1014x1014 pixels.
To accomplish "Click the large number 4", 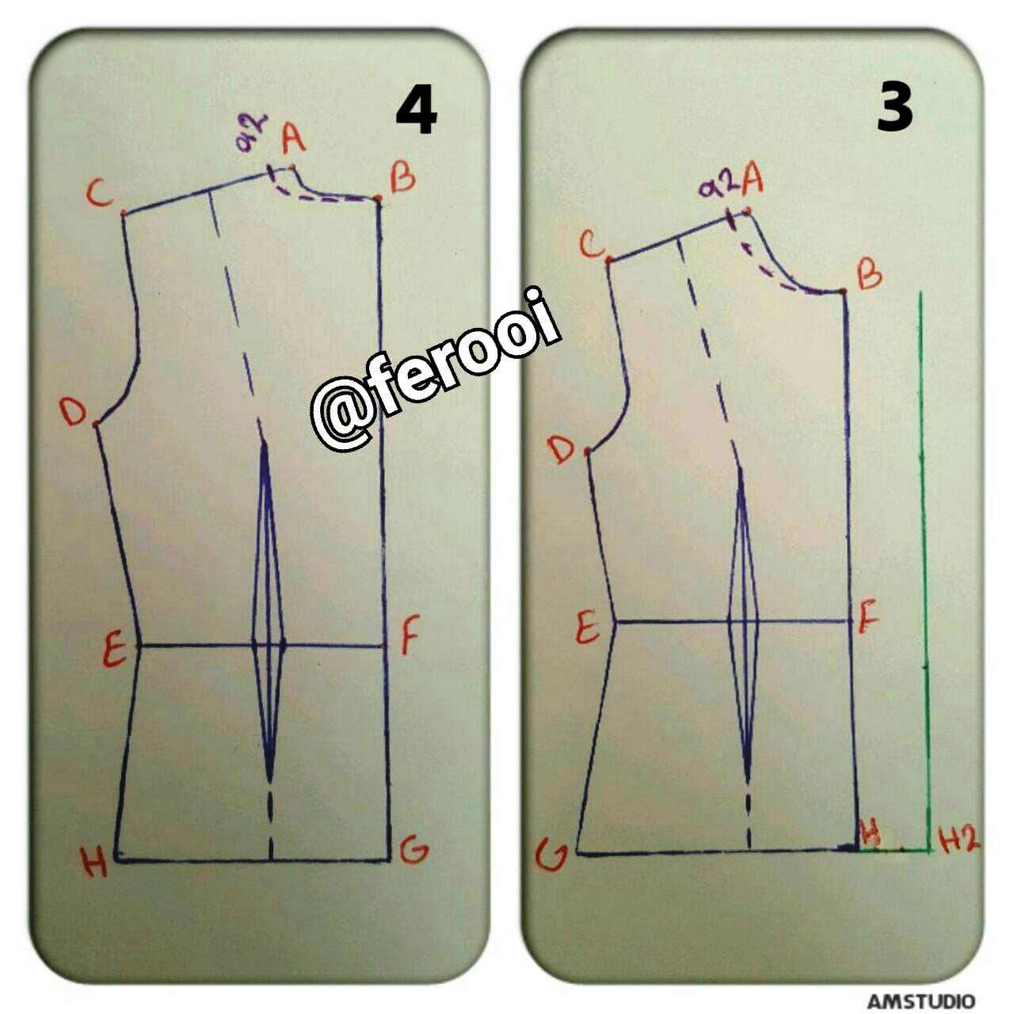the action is pyautogui.click(x=416, y=112).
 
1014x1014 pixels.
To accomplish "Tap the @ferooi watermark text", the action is pyautogui.click(x=435, y=369).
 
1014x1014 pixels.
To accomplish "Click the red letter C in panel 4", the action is pyautogui.click(x=100, y=193).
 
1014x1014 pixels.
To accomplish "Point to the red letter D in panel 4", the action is pyautogui.click(x=73, y=411).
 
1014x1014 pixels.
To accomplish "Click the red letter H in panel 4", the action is pyautogui.click(x=94, y=862).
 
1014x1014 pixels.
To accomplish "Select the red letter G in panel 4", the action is pyautogui.click(x=414, y=848).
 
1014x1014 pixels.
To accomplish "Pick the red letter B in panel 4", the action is pyautogui.click(x=402, y=178).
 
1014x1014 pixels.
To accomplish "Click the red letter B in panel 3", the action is pyautogui.click(x=869, y=274).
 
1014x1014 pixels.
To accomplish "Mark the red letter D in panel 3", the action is pyautogui.click(x=561, y=450).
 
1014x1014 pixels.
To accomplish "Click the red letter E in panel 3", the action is pyautogui.click(x=588, y=627).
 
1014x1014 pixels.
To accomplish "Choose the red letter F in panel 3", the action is pyautogui.click(x=869, y=619).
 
